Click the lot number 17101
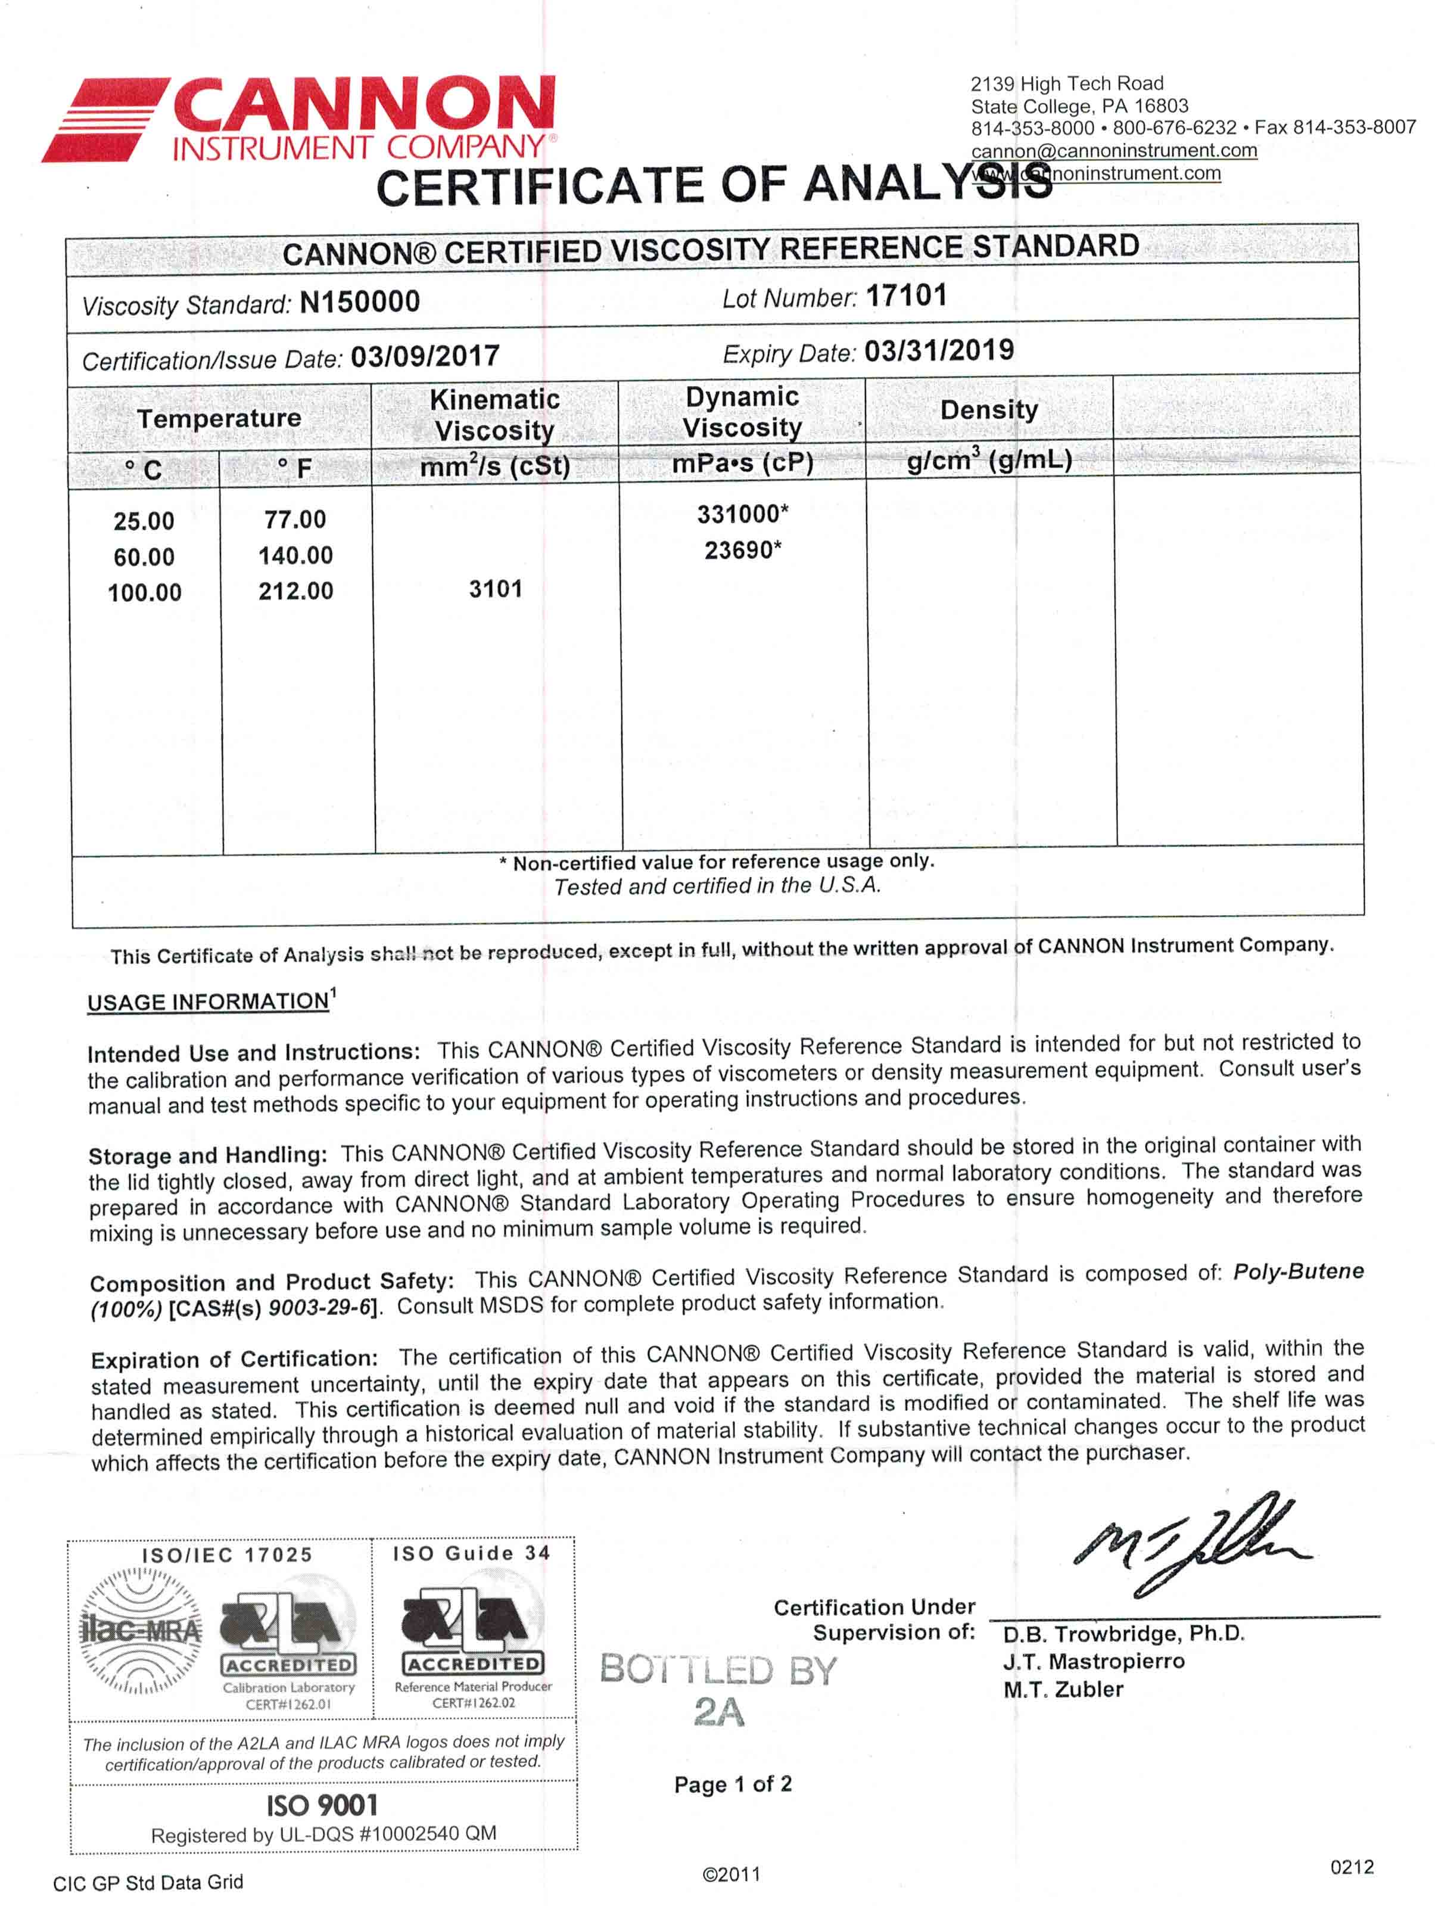point(905,296)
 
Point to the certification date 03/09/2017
point(425,356)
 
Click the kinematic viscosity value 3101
point(495,589)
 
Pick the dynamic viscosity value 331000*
point(742,514)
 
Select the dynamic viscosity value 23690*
point(742,550)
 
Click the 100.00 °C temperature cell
point(145,593)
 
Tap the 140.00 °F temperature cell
point(295,556)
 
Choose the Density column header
point(989,410)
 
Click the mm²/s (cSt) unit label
point(495,466)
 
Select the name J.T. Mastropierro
point(1094,1661)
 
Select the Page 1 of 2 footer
point(733,1784)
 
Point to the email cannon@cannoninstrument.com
point(1114,151)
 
